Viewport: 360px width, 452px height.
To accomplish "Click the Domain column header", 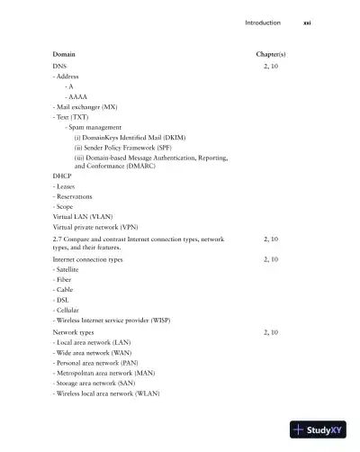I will point(64,54).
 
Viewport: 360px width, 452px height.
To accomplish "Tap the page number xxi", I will point(307,23).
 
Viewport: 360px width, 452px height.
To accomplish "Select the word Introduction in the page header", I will point(263,23).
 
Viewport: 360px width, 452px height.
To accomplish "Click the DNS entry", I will point(59,67).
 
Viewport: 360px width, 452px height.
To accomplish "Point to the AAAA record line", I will point(76,96).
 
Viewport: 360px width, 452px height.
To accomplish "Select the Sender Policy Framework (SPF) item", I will point(130,147).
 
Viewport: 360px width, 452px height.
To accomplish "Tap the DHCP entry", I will point(62,176).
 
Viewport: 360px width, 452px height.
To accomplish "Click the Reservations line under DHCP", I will point(74,196).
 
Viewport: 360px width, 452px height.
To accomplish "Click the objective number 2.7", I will point(58,240).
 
